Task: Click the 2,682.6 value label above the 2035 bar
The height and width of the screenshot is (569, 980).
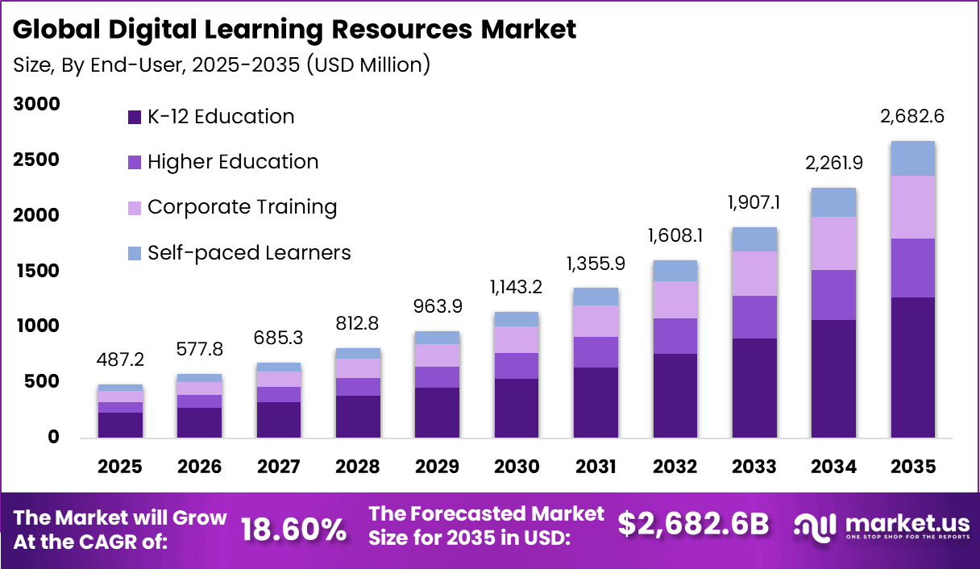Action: [x=912, y=117]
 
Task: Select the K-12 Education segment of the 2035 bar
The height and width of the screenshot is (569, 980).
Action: [x=912, y=368]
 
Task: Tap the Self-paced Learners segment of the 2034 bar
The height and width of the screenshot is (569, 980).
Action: [x=833, y=203]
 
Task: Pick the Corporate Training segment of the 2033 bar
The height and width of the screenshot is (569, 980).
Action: [x=754, y=274]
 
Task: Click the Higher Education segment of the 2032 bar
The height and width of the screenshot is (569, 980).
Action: [x=675, y=336]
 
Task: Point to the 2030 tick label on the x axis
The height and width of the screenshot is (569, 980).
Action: [x=516, y=467]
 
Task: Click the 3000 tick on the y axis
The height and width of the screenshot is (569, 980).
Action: [x=36, y=105]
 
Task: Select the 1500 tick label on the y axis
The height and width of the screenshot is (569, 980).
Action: [x=36, y=271]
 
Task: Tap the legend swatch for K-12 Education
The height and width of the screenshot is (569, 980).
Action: [x=135, y=118]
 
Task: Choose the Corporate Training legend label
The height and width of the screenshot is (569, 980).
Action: [x=242, y=207]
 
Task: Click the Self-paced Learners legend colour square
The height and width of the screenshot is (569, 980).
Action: [x=135, y=253]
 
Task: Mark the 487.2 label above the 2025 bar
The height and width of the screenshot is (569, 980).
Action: [x=120, y=360]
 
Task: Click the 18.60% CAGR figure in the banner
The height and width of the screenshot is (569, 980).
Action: [x=294, y=529]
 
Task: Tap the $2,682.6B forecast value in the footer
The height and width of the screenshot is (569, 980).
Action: [x=693, y=525]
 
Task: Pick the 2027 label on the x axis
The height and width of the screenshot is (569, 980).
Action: [x=279, y=467]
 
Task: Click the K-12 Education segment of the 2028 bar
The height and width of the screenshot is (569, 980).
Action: [x=358, y=417]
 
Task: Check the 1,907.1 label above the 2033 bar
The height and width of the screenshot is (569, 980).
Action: [x=754, y=204]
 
